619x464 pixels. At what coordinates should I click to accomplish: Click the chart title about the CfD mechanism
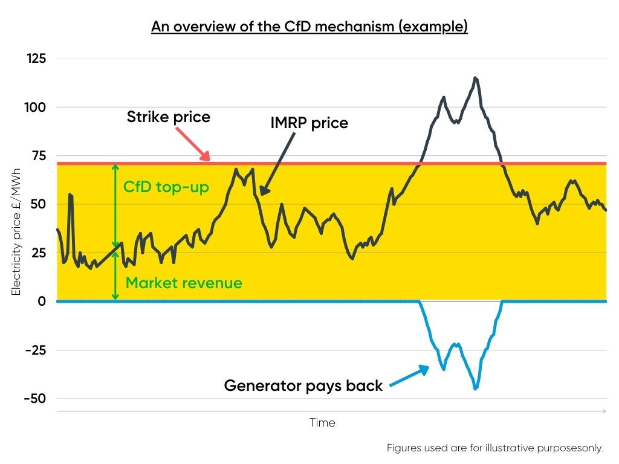309,27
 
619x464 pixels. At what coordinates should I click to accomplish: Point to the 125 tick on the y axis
37,59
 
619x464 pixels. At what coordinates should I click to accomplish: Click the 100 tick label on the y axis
37,108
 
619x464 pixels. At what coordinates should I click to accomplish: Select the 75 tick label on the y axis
40,156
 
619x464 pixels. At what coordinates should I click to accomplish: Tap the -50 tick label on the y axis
36,399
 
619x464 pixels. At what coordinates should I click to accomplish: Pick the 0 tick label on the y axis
42,301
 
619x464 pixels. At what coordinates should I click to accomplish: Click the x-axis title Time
322,423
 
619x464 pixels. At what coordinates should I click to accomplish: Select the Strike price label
169,117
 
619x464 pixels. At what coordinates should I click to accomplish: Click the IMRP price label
309,123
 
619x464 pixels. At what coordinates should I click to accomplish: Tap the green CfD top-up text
166,187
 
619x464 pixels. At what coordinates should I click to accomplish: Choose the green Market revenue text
184,283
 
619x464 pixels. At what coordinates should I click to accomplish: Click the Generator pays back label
303,385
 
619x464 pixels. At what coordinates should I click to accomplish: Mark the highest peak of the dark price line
475,78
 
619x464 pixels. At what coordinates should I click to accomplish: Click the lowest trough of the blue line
475,388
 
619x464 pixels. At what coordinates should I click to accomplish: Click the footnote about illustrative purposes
495,448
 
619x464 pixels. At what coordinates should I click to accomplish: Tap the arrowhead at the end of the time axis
604,411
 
